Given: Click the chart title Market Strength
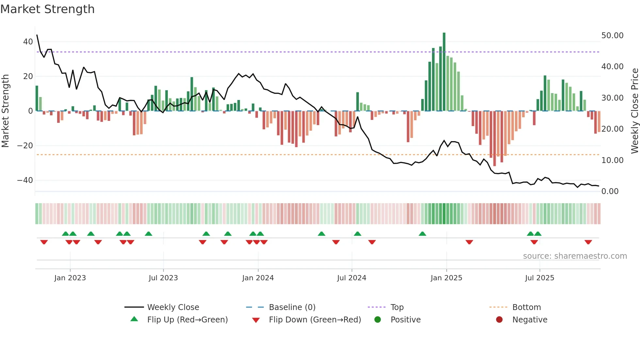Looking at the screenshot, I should (x=47, y=9).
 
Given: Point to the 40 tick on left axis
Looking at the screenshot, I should (x=28, y=42).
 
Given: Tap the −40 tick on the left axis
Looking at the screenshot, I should (x=25, y=180).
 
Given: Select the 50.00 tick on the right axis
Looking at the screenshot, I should (x=612, y=36).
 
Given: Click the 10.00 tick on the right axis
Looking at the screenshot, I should (x=612, y=160).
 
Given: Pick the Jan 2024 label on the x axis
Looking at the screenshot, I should (x=258, y=278).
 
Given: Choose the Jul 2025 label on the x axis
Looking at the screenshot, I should (x=539, y=278).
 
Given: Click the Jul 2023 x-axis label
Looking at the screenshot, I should (x=163, y=278).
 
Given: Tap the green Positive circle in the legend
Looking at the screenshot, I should (x=378, y=320).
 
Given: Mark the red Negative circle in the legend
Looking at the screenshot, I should (x=499, y=320).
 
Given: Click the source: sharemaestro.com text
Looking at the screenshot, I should (x=575, y=256).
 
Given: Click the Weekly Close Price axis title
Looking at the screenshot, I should (x=634, y=111).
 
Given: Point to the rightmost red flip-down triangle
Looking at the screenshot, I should (x=588, y=242).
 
